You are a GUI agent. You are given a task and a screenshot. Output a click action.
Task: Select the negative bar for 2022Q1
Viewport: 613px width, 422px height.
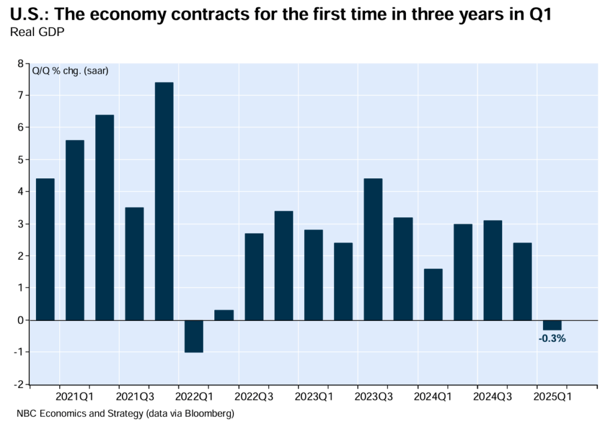[x=194, y=336]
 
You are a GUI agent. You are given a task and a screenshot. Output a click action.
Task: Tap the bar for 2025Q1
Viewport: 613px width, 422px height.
[x=552, y=325]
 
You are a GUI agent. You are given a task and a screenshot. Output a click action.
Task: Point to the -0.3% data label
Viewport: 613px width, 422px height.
[x=552, y=338]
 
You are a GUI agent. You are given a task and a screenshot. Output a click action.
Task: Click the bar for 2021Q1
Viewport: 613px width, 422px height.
[x=75, y=230]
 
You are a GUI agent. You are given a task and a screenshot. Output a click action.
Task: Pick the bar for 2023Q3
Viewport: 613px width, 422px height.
[x=373, y=249]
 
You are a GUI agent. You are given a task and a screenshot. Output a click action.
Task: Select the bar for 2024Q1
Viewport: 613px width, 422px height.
[x=433, y=294]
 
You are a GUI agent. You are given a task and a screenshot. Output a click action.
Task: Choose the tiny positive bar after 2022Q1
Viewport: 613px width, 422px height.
[x=224, y=315]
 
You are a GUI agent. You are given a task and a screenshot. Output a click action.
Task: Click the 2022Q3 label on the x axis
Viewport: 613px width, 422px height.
[x=254, y=396]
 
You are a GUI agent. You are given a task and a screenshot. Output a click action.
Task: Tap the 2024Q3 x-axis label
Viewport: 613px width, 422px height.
[x=492, y=396]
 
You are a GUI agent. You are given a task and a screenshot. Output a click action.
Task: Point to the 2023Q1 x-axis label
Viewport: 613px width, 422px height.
[x=314, y=396]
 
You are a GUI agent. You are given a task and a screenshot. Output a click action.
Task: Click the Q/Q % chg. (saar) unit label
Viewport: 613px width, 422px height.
[x=66, y=72]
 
